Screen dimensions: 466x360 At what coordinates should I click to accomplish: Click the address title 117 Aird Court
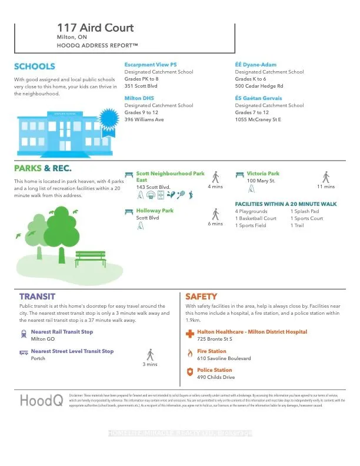coord(95,28)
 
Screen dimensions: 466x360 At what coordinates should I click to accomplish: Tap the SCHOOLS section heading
coord(35,66)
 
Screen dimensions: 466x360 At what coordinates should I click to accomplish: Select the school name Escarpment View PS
coord(151,64)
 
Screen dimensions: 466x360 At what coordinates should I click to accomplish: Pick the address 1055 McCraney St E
coord(258,119)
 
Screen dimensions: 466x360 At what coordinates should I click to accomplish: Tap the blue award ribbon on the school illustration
coord(109,119)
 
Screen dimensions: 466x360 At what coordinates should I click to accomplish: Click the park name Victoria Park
coord(263,174)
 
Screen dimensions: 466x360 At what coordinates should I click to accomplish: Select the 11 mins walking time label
coord(325,187)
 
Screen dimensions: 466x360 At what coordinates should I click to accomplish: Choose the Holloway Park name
coord(155,210)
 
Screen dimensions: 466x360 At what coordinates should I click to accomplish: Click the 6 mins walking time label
coord(216,224)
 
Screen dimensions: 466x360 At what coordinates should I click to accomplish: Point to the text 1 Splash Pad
coord(304,211)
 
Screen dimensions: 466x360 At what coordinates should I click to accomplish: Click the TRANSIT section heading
coord(37,297)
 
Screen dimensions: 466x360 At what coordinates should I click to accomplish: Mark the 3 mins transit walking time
coord(150,364)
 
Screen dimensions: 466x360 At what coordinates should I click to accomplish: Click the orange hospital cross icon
coord(189,334)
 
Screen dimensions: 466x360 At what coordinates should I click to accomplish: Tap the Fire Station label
coord(212,351)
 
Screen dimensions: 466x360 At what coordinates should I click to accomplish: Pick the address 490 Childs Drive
coord(216,377)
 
